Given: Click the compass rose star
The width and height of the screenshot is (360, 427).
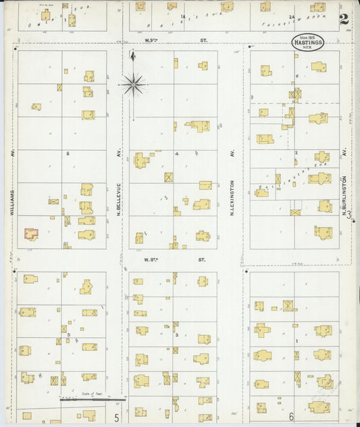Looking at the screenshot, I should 133,84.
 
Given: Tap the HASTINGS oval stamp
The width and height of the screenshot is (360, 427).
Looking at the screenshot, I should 307,41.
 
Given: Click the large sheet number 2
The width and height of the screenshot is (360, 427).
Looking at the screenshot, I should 344,19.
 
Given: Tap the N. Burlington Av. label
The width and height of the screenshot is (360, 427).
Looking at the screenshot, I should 344,196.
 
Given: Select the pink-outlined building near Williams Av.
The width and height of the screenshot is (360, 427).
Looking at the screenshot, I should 31,234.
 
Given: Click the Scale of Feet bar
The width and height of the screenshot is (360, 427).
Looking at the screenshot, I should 84,399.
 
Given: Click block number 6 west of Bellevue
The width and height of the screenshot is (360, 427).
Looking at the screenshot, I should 68,154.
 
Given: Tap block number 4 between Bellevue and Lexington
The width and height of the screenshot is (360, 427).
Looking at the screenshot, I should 177,154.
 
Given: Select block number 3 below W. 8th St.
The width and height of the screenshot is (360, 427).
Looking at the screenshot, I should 176,334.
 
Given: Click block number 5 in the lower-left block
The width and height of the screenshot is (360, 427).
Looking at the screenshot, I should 68,334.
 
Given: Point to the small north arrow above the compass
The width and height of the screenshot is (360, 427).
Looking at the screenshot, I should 133,57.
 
